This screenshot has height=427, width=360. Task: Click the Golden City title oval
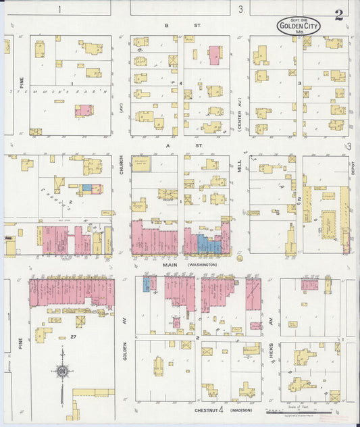[x=298, y=26]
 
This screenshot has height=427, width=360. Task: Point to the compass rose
[x=62, y=371]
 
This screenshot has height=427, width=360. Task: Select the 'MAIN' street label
[x=170, y=265]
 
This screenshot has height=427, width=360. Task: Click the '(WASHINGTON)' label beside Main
[x=202, y=265]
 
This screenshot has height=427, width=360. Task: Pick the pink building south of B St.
[x=214, y=55]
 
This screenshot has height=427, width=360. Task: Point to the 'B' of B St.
[x=166, y=25]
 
